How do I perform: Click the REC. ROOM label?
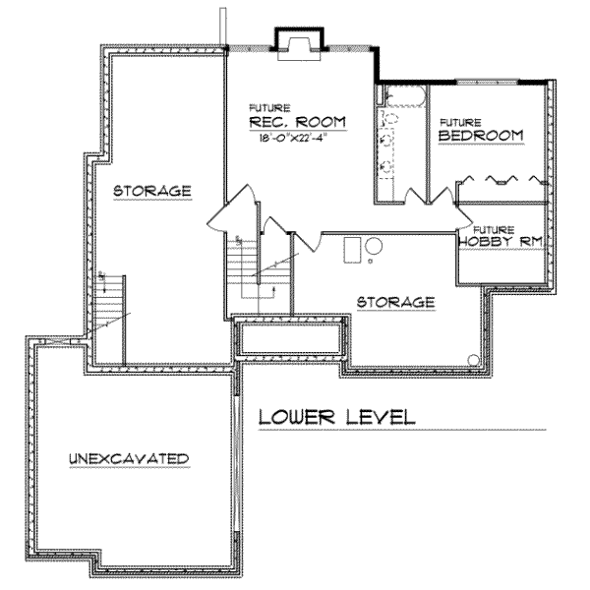(298, 122)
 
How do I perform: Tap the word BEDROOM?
(480, 135)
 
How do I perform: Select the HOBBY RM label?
(502, 240)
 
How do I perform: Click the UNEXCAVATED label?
(129, 459)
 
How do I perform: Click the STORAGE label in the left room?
(150, 190)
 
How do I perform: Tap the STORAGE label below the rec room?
(395, 302)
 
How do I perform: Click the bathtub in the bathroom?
(403, 96)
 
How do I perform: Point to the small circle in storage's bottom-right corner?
(474, 359)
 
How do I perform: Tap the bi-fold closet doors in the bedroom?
(501, 180)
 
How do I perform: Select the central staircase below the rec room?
(260, 275)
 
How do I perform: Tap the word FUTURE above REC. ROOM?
(263, 106)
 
